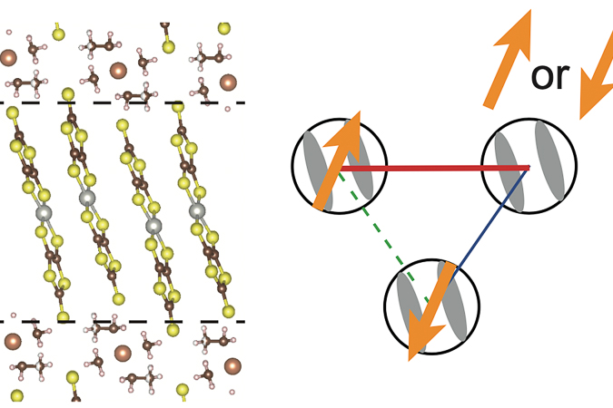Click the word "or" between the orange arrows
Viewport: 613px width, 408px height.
tap(549, 77)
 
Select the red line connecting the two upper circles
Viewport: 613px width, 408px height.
tap(435, 169)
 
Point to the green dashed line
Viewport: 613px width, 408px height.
tap(385, 238)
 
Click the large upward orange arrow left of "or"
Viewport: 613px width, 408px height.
tap(508, 59)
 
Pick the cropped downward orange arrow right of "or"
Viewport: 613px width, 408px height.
tap(596, 92)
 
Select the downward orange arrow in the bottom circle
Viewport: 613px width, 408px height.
tap(431, 311)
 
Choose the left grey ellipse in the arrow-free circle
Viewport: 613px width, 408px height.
tap(509, 171)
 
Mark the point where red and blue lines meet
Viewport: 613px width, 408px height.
tap(529, 168)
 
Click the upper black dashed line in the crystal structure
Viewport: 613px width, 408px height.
tap(123, 102)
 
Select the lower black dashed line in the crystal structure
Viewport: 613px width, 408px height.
tap(123, 322)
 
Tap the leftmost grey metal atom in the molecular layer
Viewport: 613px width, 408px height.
tap(44, 213)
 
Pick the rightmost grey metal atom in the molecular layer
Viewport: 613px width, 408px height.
tap(197, 210)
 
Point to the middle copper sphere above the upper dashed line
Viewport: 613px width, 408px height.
tap(118, 71)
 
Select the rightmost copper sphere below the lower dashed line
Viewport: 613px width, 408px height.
tap(232, 366)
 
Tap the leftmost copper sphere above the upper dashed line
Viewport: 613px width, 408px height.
tap(8, 57)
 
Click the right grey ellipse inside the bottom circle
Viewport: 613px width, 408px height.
tap(452, 301)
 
